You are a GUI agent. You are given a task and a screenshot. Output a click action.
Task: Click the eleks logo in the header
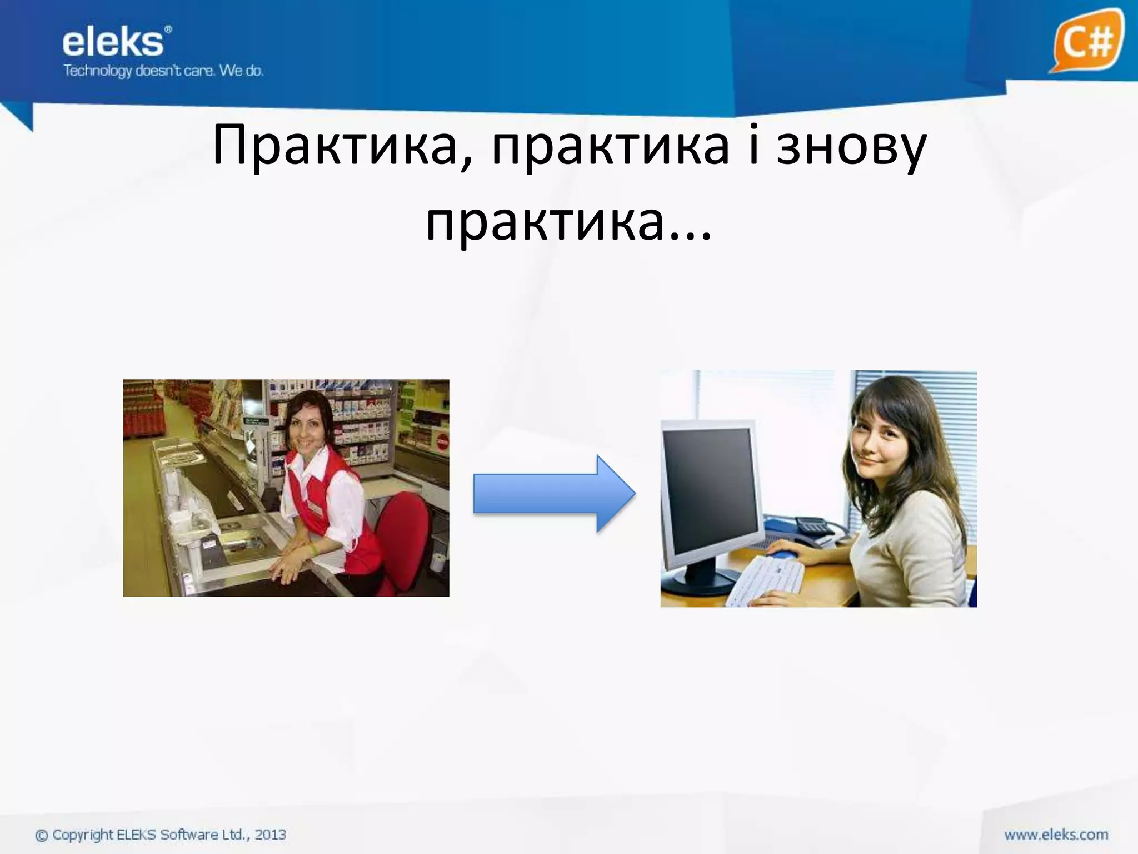[x=114, y=43]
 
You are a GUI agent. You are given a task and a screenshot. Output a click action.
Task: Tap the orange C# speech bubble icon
[x=1085, y=40]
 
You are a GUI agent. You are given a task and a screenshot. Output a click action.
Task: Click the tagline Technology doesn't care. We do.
[x=163, y=71]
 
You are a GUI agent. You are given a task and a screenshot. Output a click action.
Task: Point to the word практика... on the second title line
[x=568, y=222]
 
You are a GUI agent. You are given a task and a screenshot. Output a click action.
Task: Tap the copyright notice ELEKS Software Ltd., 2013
[x=161, y=835]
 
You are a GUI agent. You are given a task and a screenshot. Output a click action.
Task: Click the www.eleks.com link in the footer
[x=1056, y=835]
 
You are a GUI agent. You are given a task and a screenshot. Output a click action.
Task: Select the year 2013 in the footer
[x=270, y=835]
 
